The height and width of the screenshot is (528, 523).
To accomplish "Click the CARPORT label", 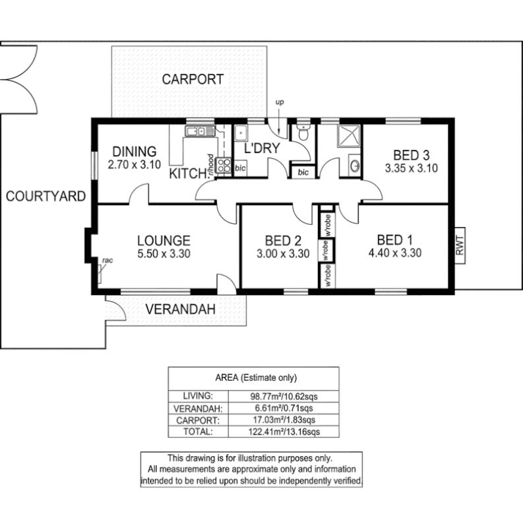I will coord(193,80).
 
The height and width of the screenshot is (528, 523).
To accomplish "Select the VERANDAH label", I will coord(181,308).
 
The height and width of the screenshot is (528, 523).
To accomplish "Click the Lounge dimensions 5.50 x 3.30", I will coord(164,253).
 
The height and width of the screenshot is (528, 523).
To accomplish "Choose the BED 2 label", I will coord(283,240).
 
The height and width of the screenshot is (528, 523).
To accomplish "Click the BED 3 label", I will coord(411,156).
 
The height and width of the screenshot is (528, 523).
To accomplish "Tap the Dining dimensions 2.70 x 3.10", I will coord(134,165).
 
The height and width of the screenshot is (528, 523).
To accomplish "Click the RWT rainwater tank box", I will coord(460,246).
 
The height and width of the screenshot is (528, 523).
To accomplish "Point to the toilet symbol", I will coord(303,132).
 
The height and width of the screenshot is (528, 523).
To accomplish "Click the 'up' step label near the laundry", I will coord(280,102).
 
